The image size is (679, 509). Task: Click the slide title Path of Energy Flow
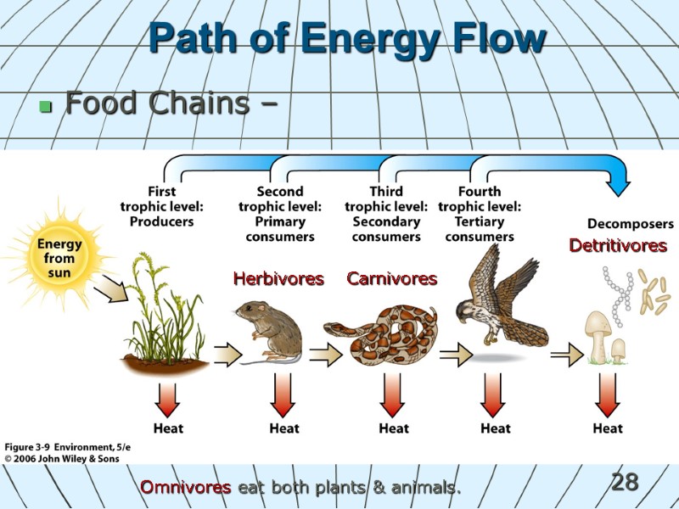pyautogui.click(x=347, y=39)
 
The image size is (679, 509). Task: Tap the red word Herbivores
pyautogui.click(x=278, y=279)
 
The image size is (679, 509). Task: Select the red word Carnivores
pyautogui.click(x=392, y=279)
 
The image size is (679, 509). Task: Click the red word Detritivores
pyautogui.click(x=618, y=246)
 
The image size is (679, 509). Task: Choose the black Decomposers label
pyautogui.click(x=626, y=224)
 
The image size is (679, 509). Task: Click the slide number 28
pyautogui.click(x=625, y=483)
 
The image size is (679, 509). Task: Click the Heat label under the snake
pyautogui.click(x=394, y=428)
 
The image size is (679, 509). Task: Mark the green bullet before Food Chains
pyautogui.click(x=45, y=108)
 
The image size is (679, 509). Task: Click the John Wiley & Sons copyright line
pyautogui.click(x=62, y=459)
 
